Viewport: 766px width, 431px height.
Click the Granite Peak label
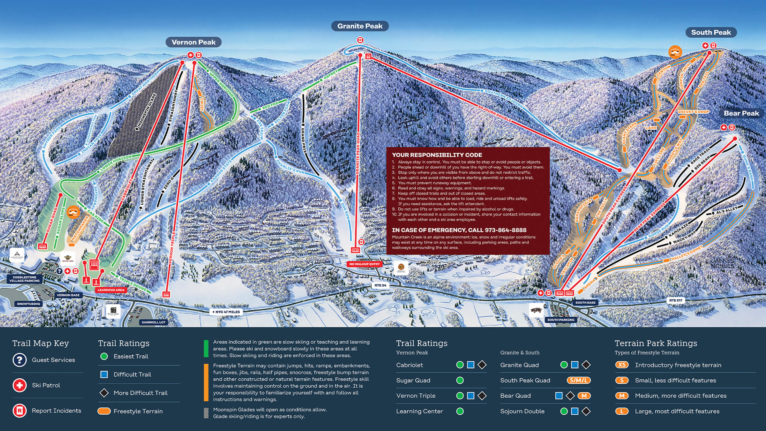360,26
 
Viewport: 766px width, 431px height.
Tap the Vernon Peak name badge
193,42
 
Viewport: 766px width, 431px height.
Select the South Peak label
711,32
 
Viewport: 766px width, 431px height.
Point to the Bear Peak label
741,113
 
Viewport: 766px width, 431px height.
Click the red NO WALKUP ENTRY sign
364,264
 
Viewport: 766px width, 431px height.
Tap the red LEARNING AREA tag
111,290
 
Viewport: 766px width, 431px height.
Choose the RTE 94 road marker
380,285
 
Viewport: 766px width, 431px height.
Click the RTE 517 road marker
676,300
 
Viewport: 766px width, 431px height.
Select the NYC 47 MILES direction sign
226,312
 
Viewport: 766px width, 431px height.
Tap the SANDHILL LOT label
154,322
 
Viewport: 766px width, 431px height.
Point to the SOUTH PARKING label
561,320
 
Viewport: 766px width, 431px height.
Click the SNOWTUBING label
28,304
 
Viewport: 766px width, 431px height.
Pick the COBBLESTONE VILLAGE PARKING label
25,279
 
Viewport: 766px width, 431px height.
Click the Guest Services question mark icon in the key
19,360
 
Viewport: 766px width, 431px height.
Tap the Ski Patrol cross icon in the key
19,385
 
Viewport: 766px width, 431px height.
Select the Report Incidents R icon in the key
19,411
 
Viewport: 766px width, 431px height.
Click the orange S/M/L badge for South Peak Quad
578,380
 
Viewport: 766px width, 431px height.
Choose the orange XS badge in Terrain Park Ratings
622,365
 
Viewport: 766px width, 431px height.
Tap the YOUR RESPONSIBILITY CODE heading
437,155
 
